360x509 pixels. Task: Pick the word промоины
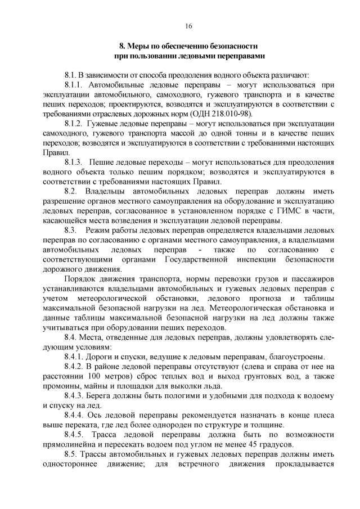[61, 385]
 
